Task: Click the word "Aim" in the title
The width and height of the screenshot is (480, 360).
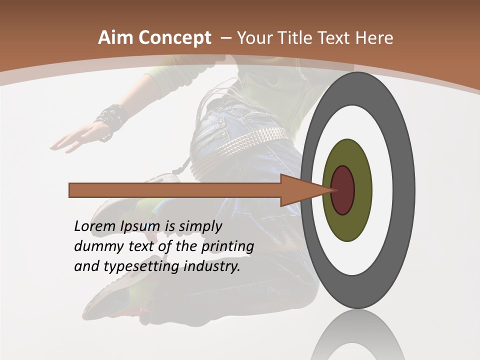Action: [116, 38]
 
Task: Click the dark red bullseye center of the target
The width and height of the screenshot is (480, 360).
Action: [343, 190]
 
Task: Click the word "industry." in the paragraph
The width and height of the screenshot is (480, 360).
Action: [212, 266]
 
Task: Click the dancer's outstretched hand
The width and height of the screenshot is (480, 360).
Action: [75, 137]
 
